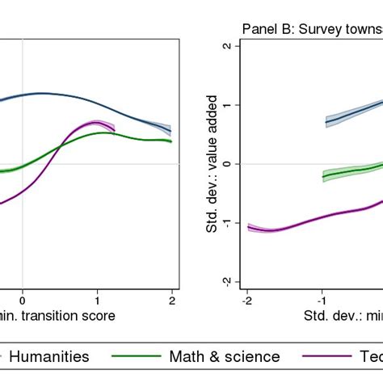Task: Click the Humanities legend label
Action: click(49, 356)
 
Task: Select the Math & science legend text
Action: click(225, 356)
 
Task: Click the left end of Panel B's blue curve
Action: click(326, 123)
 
